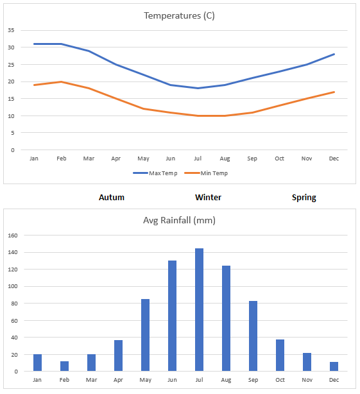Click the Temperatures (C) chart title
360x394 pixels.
click(179, 15)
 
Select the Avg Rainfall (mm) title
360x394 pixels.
click(179, 221)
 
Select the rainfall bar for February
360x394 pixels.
click(64, 366)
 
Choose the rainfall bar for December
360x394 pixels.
click(334, 366)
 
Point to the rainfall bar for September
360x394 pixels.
click(253, 336)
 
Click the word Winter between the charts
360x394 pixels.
click(209, 198)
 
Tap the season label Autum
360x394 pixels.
click(112, 198)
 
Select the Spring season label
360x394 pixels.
click(304, 198)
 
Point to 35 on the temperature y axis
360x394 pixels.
click(10, 30)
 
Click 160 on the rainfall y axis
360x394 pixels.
click(12, 236)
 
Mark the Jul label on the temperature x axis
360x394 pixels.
click(199, 158)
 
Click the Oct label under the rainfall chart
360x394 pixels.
click(280, 381)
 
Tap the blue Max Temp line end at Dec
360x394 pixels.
click(334, 54)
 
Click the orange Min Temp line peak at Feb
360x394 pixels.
click(61, 81)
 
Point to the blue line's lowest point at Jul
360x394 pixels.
click(199, 89)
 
